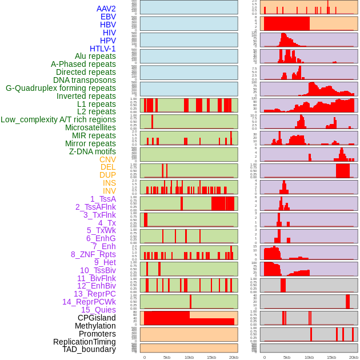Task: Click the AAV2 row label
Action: (x=106, y=9)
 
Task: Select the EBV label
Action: (x=107, y=17)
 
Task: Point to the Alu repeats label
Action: (x=95, y=56)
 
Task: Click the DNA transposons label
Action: (x=84, y=80)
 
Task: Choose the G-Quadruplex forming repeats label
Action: (x=61, y=88)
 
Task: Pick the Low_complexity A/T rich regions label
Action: (x=58, y=119)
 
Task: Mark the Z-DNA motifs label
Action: (x=92, y=151)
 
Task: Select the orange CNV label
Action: (x=107, y=159)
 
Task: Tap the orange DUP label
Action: (x=107, y=175)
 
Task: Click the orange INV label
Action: (x=109, y=191)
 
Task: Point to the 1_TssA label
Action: (x=103, y=199)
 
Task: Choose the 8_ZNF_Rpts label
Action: (x=93, y=254)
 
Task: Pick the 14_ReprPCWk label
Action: (x=89, y=302)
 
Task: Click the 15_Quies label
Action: (x=98, y=310)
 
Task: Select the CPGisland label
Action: (x=97, y=318)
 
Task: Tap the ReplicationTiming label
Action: (x=84, y=342)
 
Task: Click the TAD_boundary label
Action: (x=89, y=349)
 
